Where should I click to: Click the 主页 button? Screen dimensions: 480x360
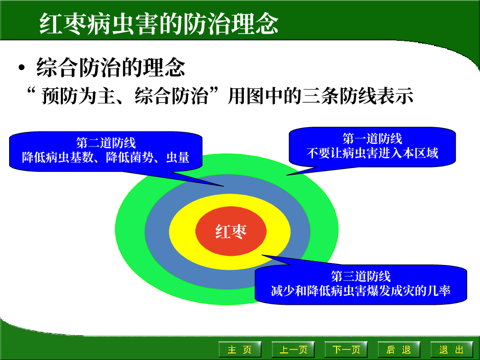point(240,349)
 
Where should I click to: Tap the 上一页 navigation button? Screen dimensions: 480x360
point(293,349)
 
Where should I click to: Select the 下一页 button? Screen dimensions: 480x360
point(346,349)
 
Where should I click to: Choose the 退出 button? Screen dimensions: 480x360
point(452,349)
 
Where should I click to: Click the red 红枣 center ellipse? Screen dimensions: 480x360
point(231,231)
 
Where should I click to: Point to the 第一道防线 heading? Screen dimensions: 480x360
point(372,139)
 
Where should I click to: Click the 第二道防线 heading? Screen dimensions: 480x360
point(106,143)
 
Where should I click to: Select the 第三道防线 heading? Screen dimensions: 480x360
point(361,276)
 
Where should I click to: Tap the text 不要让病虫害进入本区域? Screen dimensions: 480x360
point(372,153)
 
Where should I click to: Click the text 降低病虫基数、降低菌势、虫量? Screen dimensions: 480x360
point(106,157)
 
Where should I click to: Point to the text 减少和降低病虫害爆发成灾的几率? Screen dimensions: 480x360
point(361,291)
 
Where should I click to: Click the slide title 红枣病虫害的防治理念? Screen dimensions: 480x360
point(159,24)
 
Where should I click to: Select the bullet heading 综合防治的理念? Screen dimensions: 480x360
point(110,67)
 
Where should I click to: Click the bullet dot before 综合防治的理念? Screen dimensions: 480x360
point(21,68)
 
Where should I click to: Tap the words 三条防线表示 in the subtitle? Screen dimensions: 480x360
point(357,96)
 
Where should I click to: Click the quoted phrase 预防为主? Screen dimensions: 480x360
point(78,96)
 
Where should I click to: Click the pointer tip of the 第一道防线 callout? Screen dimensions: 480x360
point(286,175)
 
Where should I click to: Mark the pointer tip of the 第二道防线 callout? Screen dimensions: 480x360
point(224,186)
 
